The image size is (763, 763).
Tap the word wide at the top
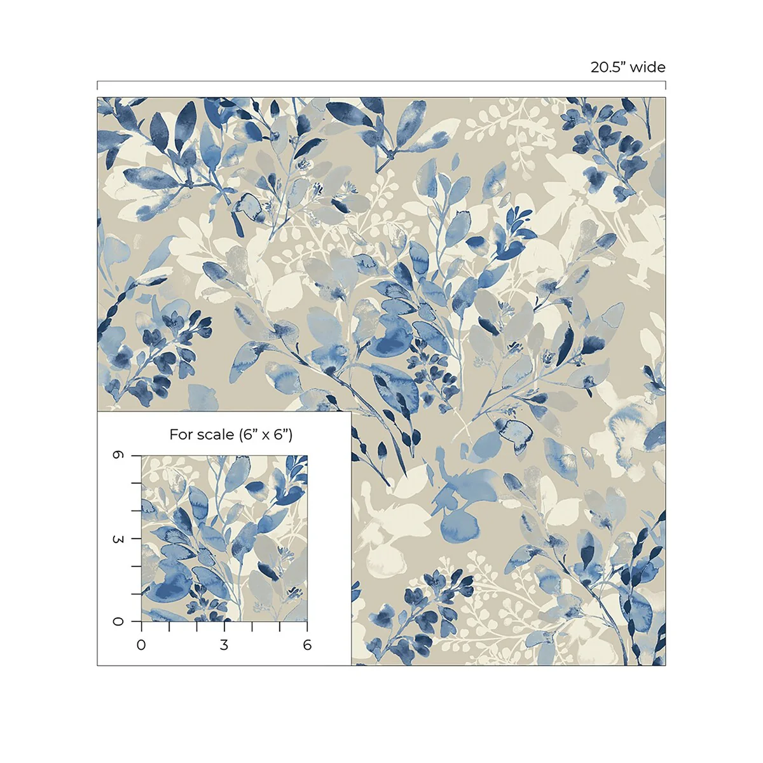(x=649, y=67)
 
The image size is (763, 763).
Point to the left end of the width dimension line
(x=97, y=85)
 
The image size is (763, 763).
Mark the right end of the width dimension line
(x=666, y=85)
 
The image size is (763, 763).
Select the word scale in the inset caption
(x=216, y=435)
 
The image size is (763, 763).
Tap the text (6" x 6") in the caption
(x=266, y=435)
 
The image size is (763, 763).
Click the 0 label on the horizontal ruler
(x=141, y=645)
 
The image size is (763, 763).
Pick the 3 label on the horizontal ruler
(x=224, y=645)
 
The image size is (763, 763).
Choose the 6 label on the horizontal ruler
(x=307, y=645)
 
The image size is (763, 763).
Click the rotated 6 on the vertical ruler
(x=118, y=456)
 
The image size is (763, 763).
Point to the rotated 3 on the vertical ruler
(x=118, y=539)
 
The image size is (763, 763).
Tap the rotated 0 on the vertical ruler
(x=118, y=621)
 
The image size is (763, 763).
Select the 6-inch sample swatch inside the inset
(x=224, y=539)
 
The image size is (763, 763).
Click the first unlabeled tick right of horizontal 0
(x=169, y=626)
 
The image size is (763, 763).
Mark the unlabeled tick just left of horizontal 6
(x=280, y=626)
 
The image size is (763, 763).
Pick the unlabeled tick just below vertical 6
(x=135, y=483)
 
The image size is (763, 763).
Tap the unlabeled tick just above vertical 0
(x=135, y=594)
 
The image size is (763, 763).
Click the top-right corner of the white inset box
(x=351, y=411)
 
